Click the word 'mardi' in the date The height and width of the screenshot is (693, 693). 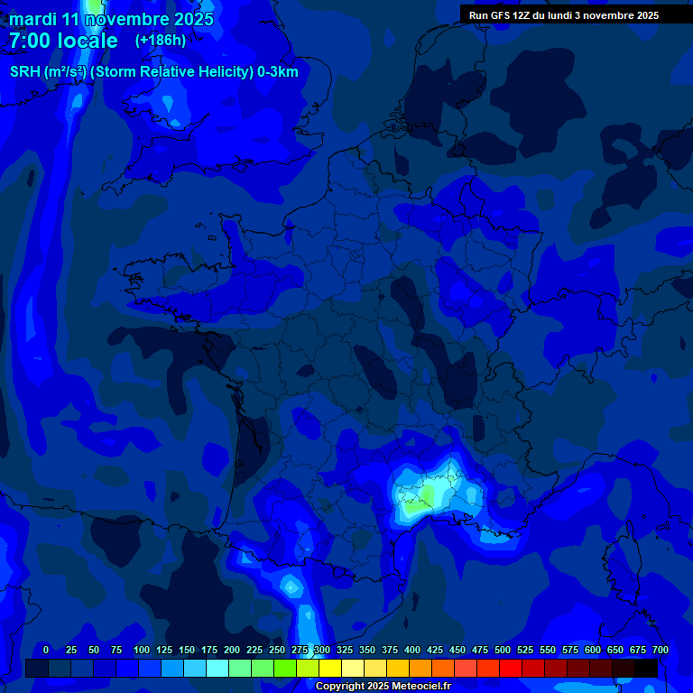tap(33, 19)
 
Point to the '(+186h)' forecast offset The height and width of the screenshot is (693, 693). tap(161, 41)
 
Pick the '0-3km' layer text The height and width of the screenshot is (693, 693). tap(278, 71)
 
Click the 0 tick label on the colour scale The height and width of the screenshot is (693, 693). tap(46, 650)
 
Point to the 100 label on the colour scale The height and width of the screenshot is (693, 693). tap(142, 650)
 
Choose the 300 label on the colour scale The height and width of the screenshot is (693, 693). tap(322, 650)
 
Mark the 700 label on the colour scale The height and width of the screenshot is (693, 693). tap(660, 650)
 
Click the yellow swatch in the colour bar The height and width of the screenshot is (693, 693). tap(330, 669)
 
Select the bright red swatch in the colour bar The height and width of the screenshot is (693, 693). tap(511, 669)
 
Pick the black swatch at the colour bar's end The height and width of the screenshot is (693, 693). tap(646, 669)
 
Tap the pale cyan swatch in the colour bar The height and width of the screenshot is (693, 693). tap(217, 669)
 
